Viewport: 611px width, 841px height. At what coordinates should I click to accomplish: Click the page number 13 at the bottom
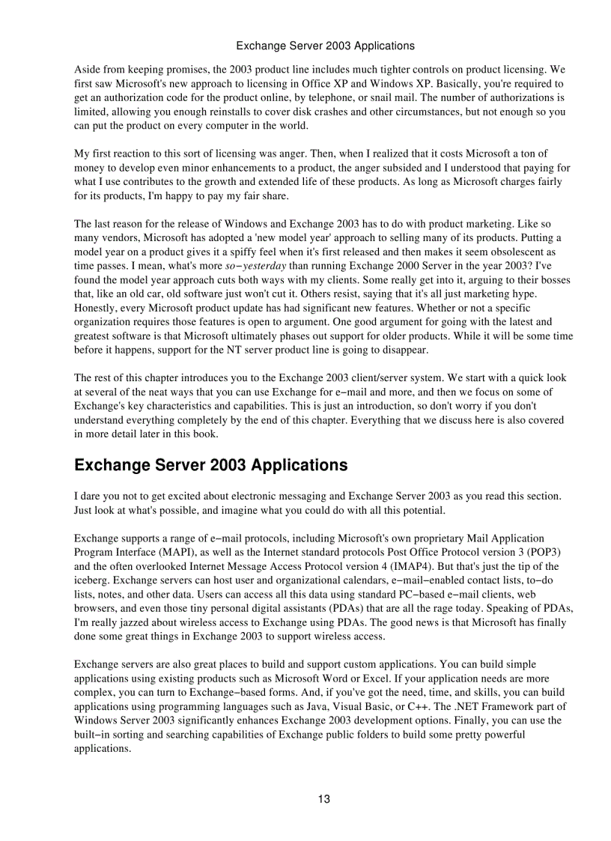tap(323, 798)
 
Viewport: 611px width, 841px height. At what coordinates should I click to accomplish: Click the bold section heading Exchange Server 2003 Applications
tap(210, 465)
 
